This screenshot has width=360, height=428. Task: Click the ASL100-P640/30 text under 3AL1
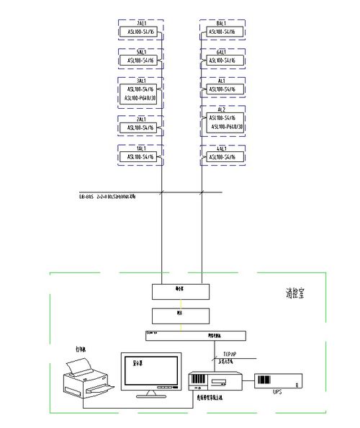[x=141, y=97]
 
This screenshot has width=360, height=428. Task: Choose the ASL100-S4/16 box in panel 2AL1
[x=141, y=128]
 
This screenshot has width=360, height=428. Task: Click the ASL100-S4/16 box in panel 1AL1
[x=141, y=156]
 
